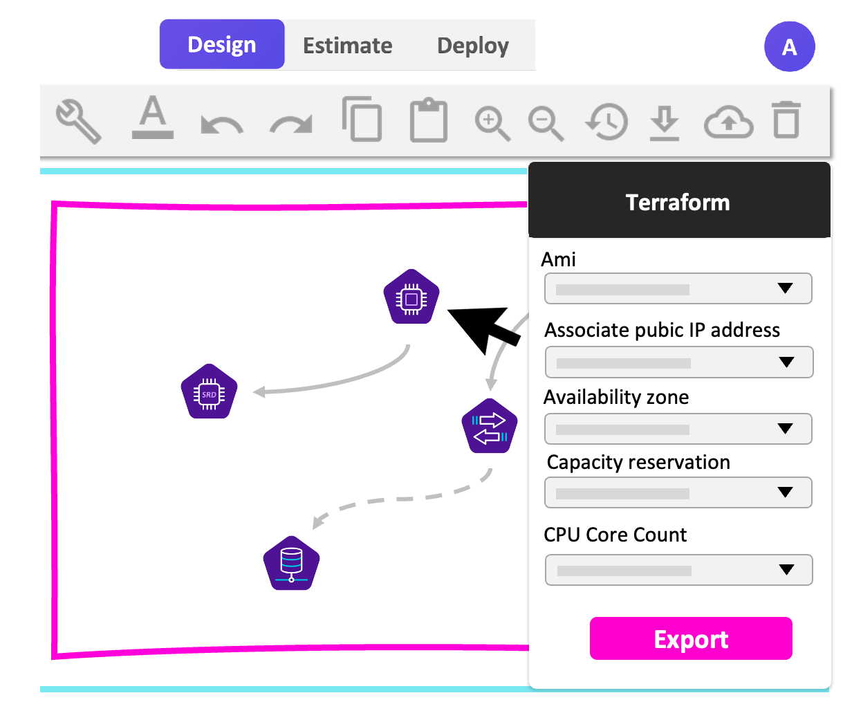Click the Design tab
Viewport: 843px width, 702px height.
(x=222, y=44)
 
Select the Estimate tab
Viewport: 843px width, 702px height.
(x=347, y=46)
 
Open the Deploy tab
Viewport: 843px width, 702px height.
(x=473, y=46)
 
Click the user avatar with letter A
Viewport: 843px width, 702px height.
(x=789, y=46)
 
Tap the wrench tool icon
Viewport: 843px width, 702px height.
(x=78, y=121)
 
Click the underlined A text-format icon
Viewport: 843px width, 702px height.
(x=152, y=118)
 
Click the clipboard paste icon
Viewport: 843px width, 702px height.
(x=429, y=121)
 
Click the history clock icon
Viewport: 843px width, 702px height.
(x=606, y=122)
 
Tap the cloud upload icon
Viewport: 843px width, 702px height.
(x=728, y=122)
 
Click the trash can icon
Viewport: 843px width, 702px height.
(x=786, y=120)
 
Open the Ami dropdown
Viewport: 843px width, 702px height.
(x=678, y=289)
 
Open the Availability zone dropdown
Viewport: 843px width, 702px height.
(x=678, y=429)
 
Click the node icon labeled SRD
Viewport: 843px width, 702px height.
(x=209, y=391)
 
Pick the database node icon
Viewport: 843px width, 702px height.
(x=292, y=563)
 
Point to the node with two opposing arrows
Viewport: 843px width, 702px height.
(x=490, y=427)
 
